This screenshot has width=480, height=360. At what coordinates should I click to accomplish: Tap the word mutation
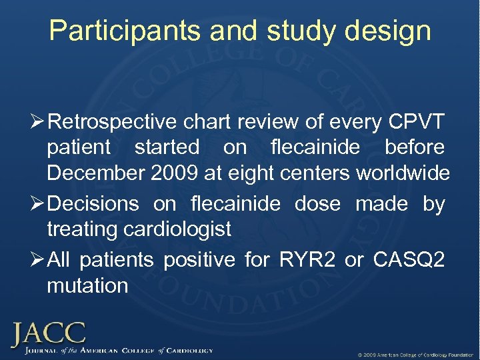(x=87, y=286)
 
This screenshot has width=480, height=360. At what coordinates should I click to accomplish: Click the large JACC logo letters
(x=47, y=333)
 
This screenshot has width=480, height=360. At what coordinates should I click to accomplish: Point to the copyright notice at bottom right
(x=415, y=353)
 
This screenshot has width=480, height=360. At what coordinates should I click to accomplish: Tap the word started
(x=167, y=147)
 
